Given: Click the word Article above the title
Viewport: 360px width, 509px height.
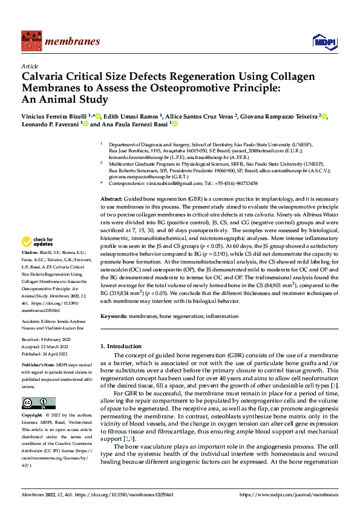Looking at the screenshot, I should (x=30, y=66).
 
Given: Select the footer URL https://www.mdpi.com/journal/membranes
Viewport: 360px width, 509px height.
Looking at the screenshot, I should (x=289, y=494).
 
